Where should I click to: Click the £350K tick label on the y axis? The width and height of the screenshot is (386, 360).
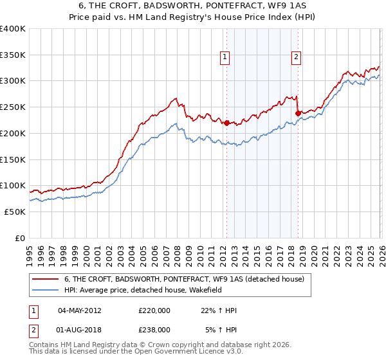tap(13, 55)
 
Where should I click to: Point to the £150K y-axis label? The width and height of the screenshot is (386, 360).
tap(13, 159)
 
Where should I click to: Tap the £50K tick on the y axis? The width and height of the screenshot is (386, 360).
tap(15, 212)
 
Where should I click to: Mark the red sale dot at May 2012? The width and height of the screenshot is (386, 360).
tap(226, 122)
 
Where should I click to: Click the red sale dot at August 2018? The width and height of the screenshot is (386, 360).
tap(298, 113)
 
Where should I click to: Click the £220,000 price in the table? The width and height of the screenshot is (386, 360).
tap(154, 310)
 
